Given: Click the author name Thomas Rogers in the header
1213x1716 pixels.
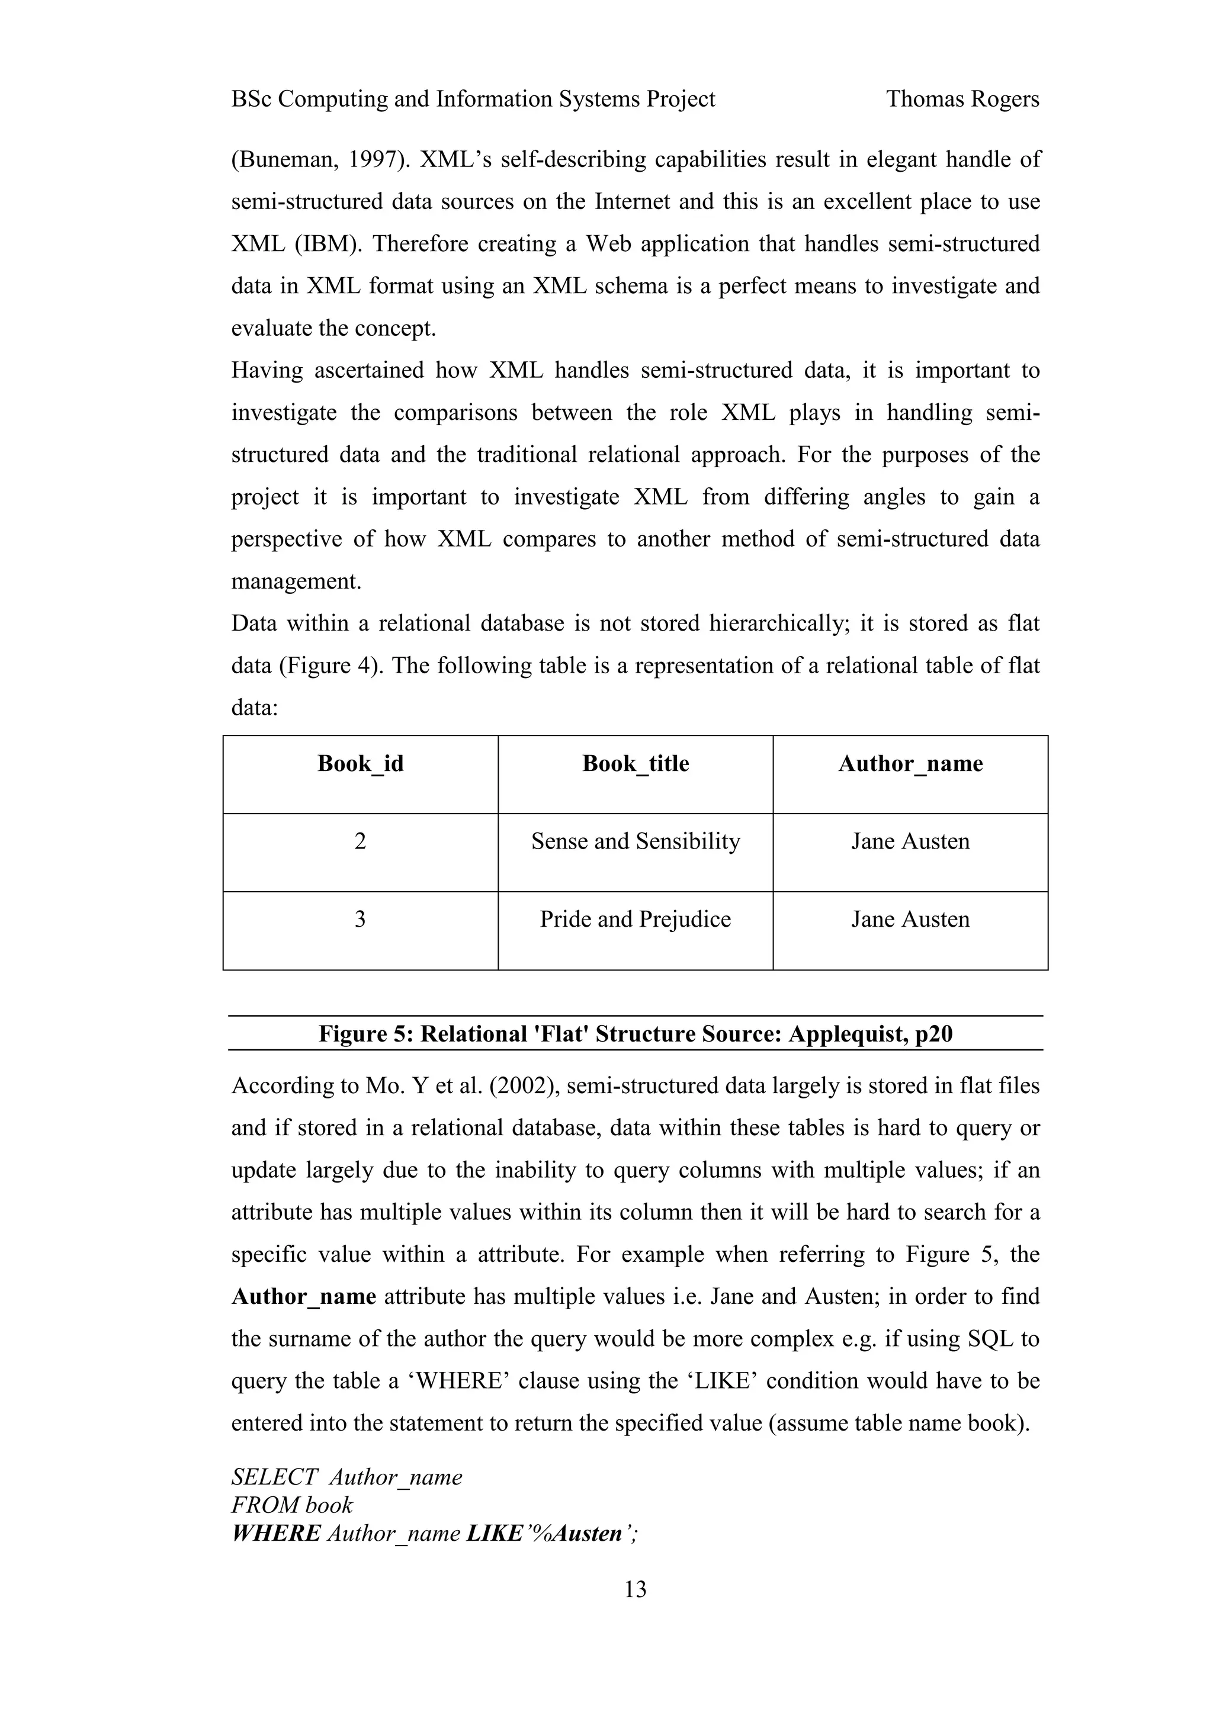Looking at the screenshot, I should point(962,99).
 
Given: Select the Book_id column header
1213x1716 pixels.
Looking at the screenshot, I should point(360,763).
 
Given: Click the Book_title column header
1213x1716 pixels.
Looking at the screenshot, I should point(636,763).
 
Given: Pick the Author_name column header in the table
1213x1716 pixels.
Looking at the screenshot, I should point(910,763).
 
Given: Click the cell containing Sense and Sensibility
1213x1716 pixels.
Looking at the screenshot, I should point(636,841).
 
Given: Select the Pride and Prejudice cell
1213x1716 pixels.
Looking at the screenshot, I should point(636,919).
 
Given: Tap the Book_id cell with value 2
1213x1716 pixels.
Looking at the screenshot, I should point(360,841).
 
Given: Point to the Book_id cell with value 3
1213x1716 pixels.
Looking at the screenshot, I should point(360,919).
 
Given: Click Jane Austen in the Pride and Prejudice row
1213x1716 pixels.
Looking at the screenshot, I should point(910,919).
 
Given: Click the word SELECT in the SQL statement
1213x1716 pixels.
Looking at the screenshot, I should point(274,1477).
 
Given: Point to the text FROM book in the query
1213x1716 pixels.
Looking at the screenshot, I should point(291,1505).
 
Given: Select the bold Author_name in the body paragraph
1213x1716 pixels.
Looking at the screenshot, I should point(303,1296).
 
